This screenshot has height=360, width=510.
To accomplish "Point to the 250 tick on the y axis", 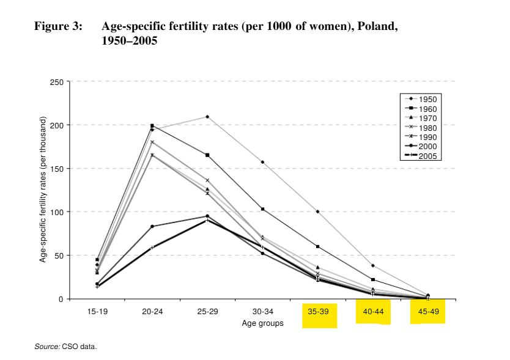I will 56,82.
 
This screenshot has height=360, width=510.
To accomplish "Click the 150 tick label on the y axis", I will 56,169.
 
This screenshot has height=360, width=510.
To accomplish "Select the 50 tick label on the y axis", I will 58,255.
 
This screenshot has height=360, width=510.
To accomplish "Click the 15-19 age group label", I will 97,312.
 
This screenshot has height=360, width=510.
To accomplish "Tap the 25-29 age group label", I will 207,312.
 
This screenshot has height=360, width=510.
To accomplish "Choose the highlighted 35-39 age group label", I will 318,312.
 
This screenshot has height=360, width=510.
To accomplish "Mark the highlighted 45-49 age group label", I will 428,312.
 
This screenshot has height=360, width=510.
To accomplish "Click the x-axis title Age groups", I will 262,323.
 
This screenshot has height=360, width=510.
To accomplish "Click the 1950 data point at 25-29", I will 207,117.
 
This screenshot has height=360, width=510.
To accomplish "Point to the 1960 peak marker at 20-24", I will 152,125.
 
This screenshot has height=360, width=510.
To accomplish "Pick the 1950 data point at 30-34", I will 262,162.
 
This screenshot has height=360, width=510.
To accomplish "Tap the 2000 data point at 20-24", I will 152,226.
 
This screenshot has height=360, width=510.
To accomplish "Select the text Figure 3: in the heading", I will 57,27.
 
